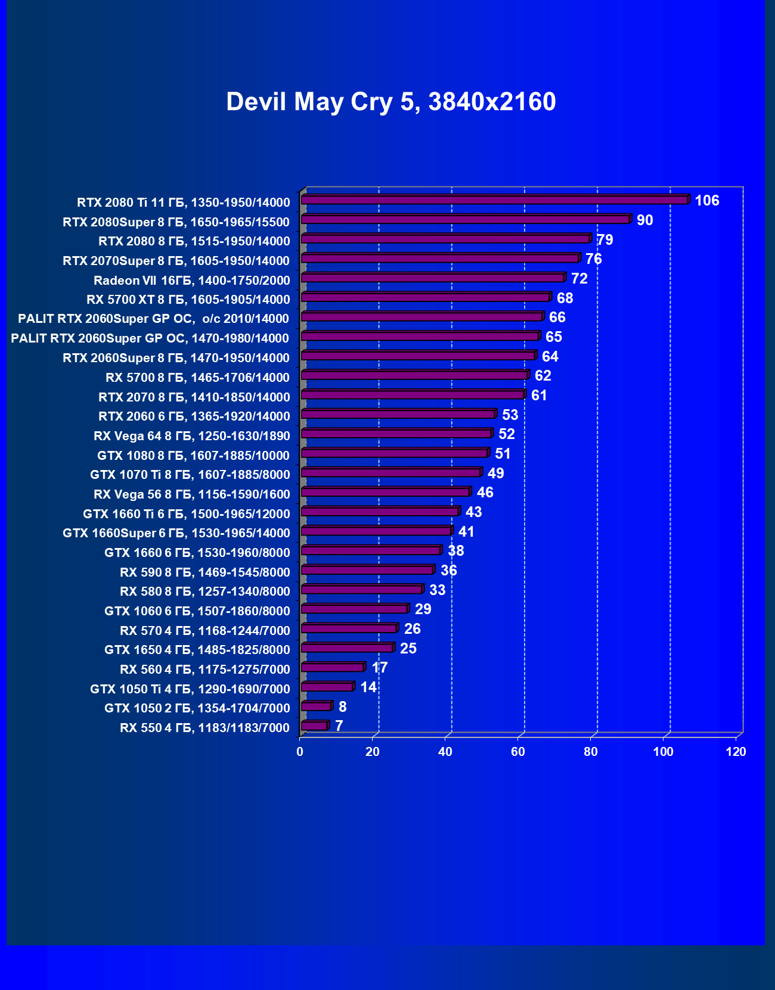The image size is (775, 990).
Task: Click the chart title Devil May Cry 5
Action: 390,102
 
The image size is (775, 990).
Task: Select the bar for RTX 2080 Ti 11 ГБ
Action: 495,200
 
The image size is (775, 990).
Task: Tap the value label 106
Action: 707,201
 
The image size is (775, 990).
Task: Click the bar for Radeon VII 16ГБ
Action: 433,278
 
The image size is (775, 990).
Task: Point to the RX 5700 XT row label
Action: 188,300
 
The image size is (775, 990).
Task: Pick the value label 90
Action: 644,220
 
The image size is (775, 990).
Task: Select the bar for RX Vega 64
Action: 396,434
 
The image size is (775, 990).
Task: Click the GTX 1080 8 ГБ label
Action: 193,456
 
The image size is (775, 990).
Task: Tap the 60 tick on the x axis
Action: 517,752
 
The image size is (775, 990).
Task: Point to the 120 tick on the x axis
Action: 736,752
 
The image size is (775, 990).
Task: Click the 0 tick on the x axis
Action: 300,752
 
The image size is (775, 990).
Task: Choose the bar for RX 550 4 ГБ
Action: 314,726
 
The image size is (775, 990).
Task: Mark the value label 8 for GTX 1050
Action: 342,707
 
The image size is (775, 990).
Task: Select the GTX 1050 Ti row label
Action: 190,689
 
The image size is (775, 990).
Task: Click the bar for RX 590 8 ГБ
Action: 367,570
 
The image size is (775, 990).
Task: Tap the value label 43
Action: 473,512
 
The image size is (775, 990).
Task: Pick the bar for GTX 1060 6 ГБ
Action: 355,609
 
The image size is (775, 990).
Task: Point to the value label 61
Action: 539,396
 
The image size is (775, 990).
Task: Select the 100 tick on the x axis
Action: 663,752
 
